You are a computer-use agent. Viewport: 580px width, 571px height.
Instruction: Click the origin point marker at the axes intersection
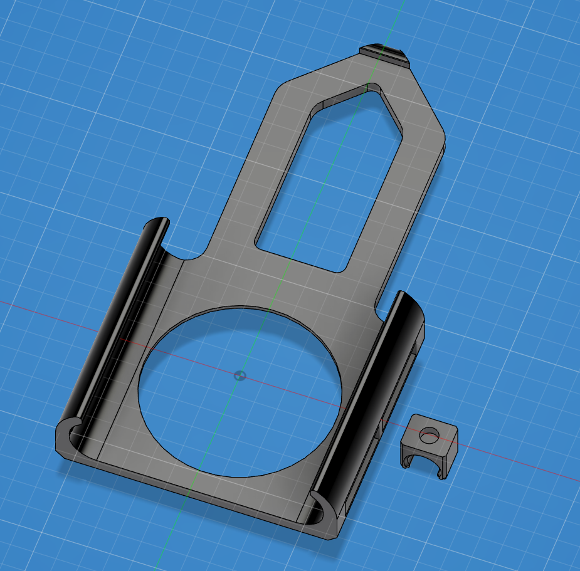tap(240, 376)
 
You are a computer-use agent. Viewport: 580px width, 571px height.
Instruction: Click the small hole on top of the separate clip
tap(430, 433)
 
